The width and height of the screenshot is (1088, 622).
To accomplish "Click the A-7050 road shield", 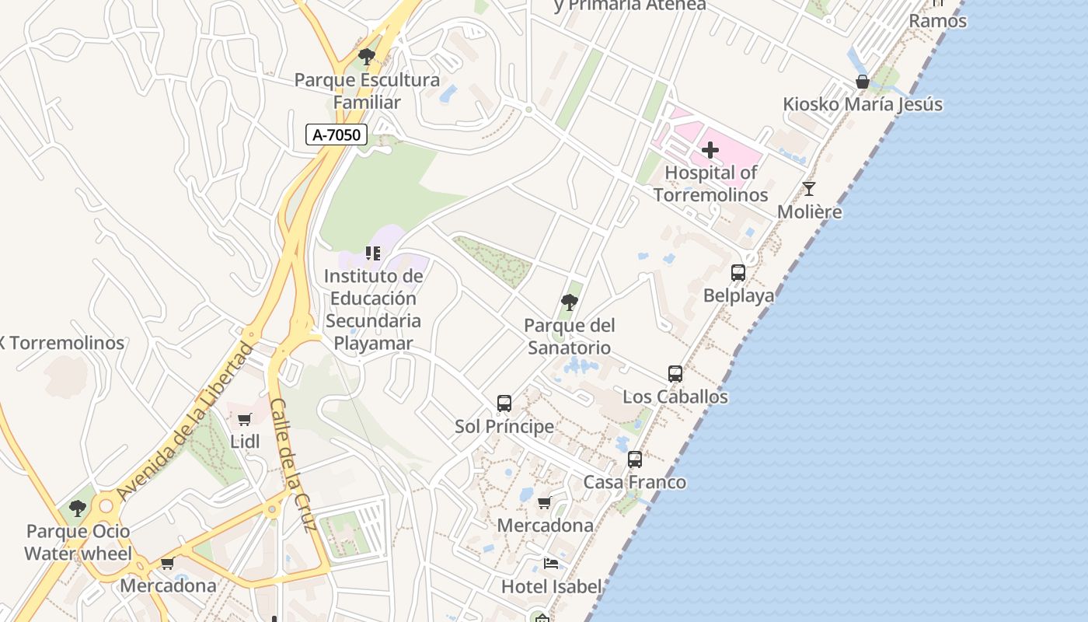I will (x=336, y=135).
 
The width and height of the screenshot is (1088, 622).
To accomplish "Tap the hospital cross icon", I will (x=710, y=150).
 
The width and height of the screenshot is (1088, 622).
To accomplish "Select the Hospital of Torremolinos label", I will (x=710, y=184).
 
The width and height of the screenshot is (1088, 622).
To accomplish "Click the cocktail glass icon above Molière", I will (x=809, y=189).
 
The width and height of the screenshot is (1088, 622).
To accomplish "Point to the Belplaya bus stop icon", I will (x=738, y=273).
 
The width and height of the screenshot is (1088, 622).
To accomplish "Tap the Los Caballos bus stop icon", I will (x=675, y=374).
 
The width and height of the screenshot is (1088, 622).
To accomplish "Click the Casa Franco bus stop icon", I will (x=635, y=460).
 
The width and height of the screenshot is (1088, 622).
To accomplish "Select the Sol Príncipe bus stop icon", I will (x=504, y=404).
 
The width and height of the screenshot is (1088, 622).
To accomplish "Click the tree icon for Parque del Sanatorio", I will (x=569, y=302).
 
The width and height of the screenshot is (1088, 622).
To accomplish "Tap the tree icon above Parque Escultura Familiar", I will (x=367, y=57).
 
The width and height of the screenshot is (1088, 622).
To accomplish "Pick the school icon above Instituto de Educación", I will (x=373, y=253).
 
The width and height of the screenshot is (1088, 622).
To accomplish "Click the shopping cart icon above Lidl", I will (x=245, y=420).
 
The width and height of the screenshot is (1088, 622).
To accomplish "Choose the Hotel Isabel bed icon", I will (x=551, y=564).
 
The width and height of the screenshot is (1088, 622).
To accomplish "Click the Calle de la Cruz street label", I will (x=293, y=465).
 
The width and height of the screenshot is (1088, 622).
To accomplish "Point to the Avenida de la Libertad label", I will (x=184, y=421).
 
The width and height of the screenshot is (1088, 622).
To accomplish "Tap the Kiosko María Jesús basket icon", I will (x=862, y=82).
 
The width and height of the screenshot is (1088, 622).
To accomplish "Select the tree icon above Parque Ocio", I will (x=77, y=509).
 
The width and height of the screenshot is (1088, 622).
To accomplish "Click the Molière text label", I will (x=809, y=212).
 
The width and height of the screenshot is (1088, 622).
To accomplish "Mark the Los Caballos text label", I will (x=675, y=397).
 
